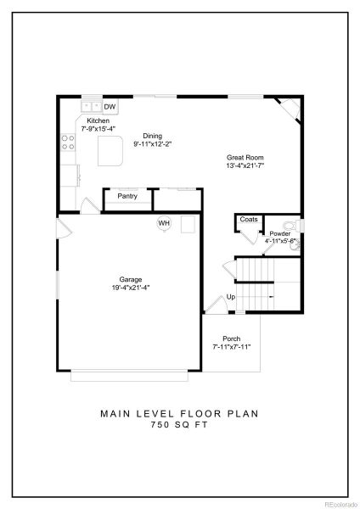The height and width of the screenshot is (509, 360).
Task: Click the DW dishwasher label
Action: pyautogui.click(x=110, y=107)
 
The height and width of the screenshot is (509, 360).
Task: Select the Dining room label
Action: pyautogui.click(x=152, y=136)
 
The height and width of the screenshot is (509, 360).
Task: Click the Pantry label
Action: pyautogui.click(x=127, y=196)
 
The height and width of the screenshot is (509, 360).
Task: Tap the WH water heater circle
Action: pyautogui.click(x=163, y=223)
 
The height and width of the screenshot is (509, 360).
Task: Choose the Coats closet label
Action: pyautogui.click(x=248, y=219)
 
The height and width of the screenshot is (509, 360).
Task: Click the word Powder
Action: pyautogui.click(x=279, y=233)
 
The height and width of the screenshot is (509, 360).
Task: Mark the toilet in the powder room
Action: pyautogui.click(x=290, y=225)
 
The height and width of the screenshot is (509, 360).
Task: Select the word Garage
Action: pyautogui.click(x=130, y=279)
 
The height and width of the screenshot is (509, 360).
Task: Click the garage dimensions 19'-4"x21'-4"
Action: pyautogui.click(x=130, y=288)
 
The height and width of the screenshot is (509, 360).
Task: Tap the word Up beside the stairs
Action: pyautogui.click(x=230, y=297)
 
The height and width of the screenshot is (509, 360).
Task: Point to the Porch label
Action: pyautogui.click(x=232, y=338)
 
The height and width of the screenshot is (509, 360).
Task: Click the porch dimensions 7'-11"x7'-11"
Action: pyautogui.click(x=232, y=347)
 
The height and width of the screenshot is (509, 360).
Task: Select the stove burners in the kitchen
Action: pyautogui.click(x=65, y=143)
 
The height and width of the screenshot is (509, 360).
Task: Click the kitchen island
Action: pyautogui.click(x=109, y=154)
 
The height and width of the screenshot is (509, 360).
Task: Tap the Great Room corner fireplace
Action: pyautogui.click(x=290, y=109)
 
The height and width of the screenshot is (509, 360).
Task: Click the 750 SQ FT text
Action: pyautogui.click(x=179, y=426)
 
